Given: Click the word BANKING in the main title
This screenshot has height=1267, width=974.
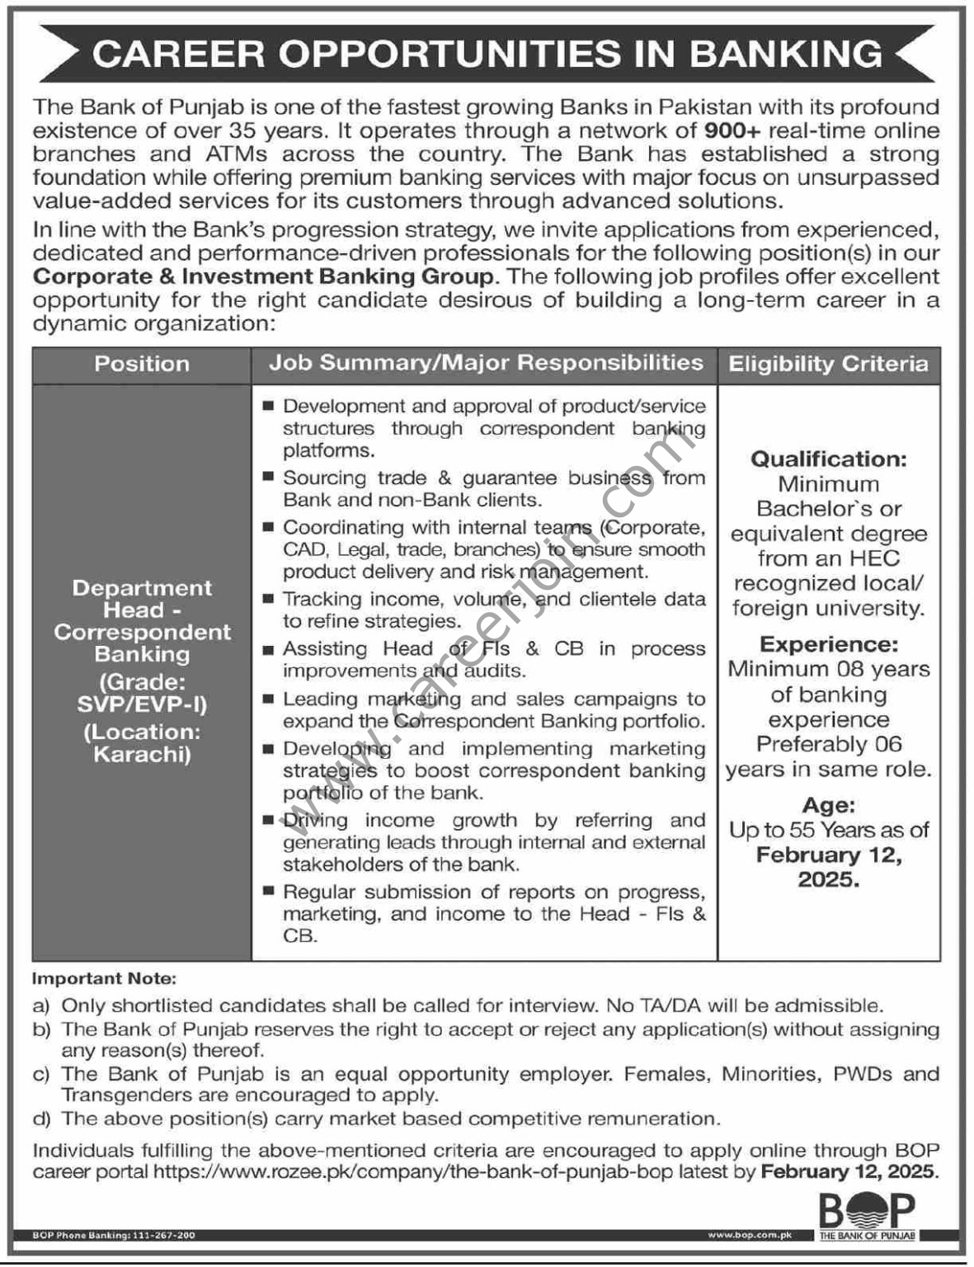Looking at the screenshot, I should click(x=785, y=54).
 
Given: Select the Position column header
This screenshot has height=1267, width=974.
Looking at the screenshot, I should click(x=142, y=364).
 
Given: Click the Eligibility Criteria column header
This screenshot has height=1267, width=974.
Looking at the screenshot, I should click(x=828, y=364).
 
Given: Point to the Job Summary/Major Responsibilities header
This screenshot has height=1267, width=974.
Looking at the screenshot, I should click(x=486, y=363).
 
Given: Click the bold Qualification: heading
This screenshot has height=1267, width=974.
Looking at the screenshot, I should click(x=828, y=459).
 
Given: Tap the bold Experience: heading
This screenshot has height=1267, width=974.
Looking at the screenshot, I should click(x=828, y=644).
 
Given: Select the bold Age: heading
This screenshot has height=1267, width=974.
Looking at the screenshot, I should click(x=828, y=805).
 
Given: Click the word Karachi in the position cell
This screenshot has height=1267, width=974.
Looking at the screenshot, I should click(x=142, y=754).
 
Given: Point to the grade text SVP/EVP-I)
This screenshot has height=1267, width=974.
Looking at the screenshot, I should click(x=142, y=704).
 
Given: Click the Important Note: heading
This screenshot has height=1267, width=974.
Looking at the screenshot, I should click(x=104, y=979).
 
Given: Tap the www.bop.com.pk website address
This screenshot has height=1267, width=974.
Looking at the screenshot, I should click(x=750, y=1235).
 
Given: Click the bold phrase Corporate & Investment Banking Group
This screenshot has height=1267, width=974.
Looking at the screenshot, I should click(x=264, y=276).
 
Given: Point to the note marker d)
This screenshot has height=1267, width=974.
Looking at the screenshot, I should click(x=41, y=1119).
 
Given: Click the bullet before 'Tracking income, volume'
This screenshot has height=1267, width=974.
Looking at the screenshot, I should click(x=268, y=600).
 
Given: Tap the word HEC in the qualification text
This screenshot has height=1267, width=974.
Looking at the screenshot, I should click(x=874, y=558).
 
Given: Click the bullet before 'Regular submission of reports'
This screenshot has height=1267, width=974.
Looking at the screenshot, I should click(x=268, y=893).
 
